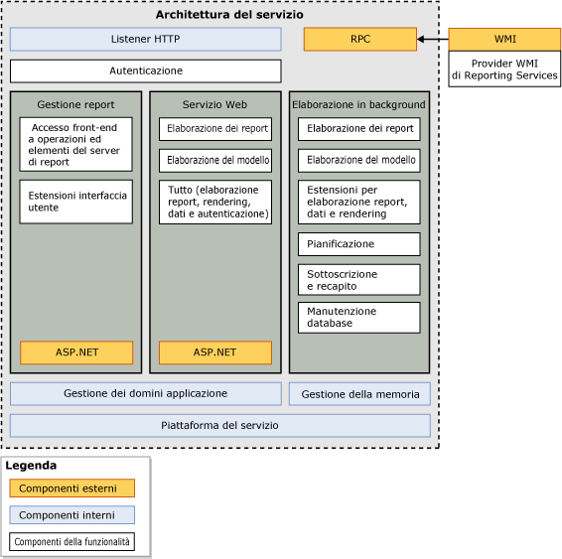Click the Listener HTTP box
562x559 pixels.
[x=145, y=40]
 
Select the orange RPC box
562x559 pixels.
[x=359, y=40]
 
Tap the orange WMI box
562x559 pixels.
[x=504, y=40]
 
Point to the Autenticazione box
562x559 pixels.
[x=145, y=71]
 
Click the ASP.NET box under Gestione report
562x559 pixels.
[x=76, y=352]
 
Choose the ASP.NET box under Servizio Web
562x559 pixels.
[x=214, y=352]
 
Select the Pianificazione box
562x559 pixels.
[x=358, y=243]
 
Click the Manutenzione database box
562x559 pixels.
[x=358, y=317]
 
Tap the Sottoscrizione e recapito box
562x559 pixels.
[x=358, y=279]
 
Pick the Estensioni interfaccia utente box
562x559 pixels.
[x=76, y=202]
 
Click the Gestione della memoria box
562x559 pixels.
[x=359, y=394]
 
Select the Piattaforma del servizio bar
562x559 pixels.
[x=219, y=425]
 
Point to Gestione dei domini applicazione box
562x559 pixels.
[x=145, y=394]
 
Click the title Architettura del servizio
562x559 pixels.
[x=229, y=15]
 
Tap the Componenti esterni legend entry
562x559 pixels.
[x=71, y=488]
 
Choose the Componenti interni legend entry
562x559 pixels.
[x=71, y=515]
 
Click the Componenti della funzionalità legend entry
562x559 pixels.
[x=71, y=543]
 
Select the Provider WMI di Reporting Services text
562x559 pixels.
[x=504, y=70]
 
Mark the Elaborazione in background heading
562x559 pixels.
[x=358, y=104]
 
